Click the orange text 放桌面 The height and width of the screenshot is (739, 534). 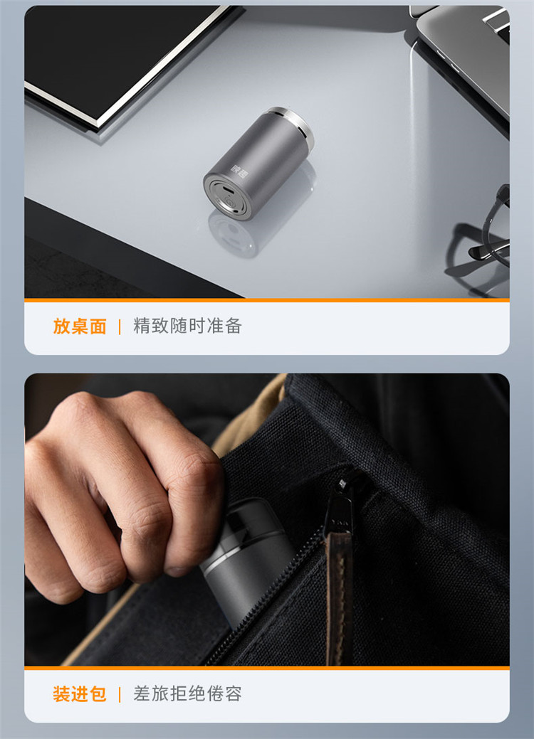(80, 326)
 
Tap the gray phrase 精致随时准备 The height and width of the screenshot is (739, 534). (187, 326)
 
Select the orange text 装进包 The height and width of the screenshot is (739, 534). (80, 694)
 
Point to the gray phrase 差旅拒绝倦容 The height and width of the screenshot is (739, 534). (187, 693)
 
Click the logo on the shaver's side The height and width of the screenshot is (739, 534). (240, 171)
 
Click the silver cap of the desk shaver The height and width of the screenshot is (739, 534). (293, 124)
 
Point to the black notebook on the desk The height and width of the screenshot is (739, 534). (127, 61)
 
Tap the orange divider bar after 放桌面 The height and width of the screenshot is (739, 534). (120, 326)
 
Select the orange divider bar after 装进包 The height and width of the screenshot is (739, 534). (120, 694)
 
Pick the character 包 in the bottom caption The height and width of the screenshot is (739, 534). (98, 694)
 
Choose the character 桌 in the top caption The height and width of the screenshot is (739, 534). (80, 326)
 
